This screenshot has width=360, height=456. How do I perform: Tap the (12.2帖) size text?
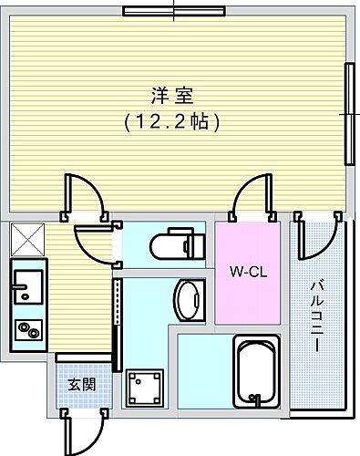click(x=172, y=119)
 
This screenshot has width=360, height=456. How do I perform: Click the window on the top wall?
click(x=174, y=12)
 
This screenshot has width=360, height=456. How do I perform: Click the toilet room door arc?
click(x=93, y=242)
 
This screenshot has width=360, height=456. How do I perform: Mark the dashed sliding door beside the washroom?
click(x=117, y=319)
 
